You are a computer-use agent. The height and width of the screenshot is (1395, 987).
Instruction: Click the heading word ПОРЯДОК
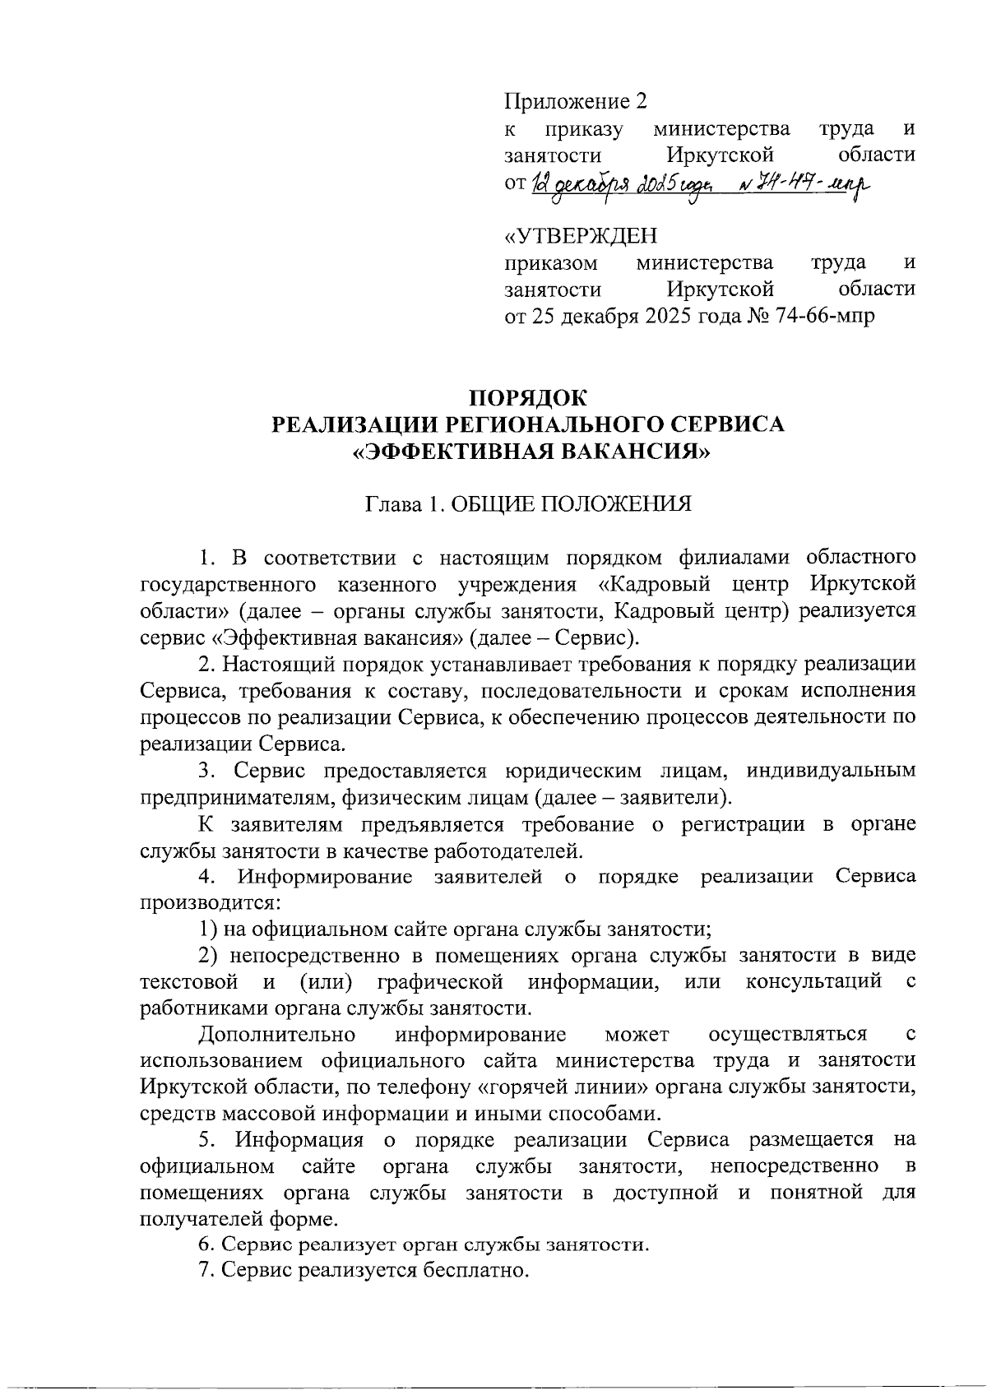[x=528, y=398]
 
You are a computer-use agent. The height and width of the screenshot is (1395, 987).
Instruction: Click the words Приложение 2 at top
[x=576, y=101]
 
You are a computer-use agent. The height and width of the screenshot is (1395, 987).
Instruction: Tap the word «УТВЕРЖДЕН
[x=581, y=236]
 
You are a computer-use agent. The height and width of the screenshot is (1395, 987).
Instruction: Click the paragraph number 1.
[x=206, y=558]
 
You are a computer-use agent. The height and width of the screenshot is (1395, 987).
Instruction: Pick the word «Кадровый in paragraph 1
[x=654, y=584]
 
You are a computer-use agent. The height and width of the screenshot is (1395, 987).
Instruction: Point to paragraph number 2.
[x=205, y=664]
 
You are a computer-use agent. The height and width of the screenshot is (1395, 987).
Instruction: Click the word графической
[x=440, y=981]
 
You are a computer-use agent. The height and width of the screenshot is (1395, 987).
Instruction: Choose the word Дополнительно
[x=277, y=1034]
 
